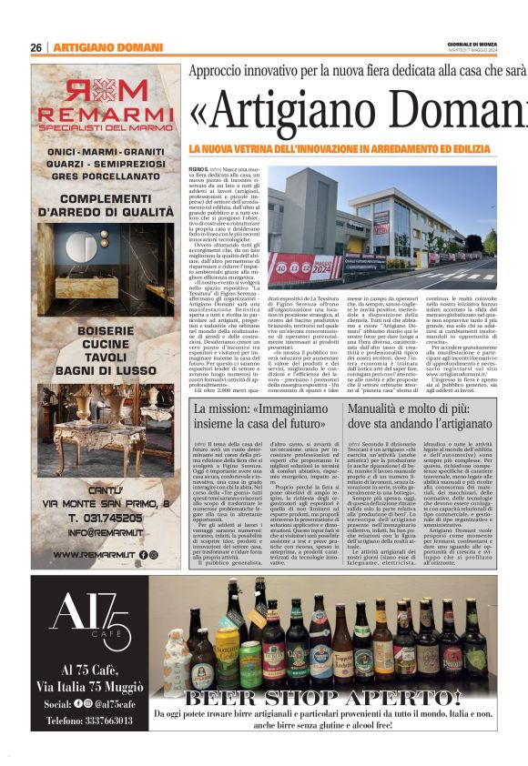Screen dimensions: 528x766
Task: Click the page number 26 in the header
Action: pos(36,48)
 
